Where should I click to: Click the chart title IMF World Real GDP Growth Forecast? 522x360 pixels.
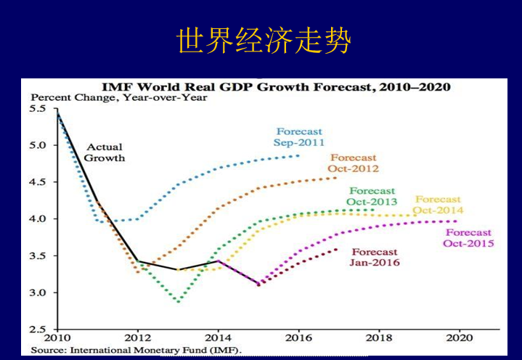[x=276, y=87]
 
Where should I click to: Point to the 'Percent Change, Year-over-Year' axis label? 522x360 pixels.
[x=119, y=97]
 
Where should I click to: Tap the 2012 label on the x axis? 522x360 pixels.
[x=137, y=338]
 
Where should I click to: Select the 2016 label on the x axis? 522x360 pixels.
[x=298, y=338]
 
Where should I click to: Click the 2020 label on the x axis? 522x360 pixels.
[x=458, y=338]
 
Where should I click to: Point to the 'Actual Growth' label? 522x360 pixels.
[x=105, y=152]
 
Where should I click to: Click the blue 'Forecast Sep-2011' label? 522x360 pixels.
[x=298, y=137]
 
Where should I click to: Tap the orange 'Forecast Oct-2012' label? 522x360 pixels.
[x=354, y=163]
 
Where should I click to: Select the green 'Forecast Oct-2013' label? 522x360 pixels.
[x=372, y=196]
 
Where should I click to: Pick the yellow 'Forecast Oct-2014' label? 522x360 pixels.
[x=438, y=205]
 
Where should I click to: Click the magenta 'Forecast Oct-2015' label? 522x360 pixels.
[x=468, y=238]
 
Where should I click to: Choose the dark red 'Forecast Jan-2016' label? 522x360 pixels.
[x=375, y=257]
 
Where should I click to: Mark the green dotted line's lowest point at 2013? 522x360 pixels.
[x=179, y=300]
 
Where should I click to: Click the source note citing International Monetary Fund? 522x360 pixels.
[x=136, y=350]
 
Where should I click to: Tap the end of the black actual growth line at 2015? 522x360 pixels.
[x=258, y=284]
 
